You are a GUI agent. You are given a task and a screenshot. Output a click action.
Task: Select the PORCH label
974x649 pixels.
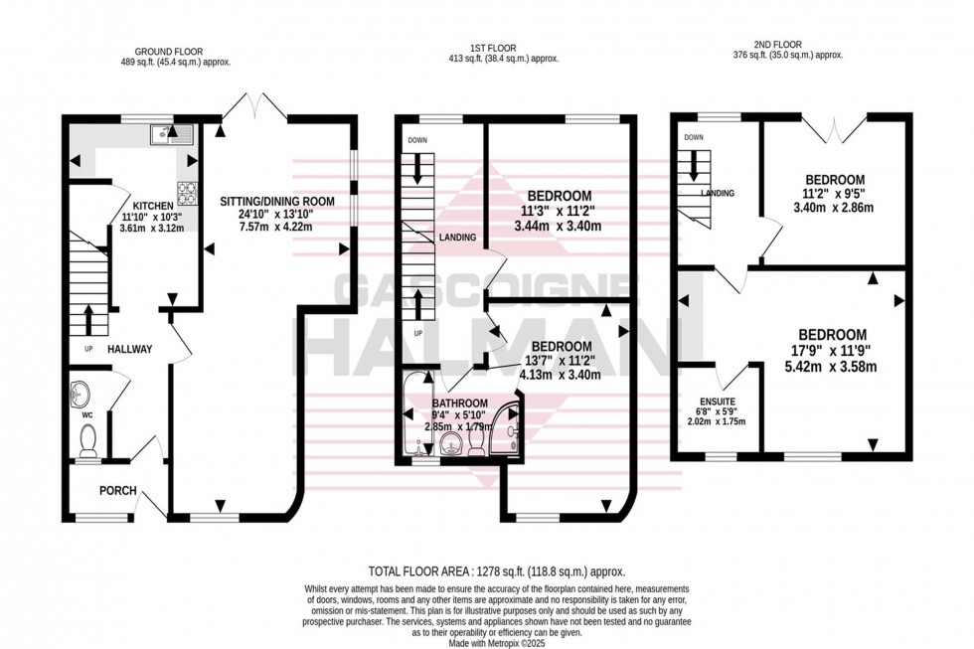[117, 490]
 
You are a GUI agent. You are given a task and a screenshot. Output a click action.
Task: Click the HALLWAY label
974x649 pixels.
[130, 349]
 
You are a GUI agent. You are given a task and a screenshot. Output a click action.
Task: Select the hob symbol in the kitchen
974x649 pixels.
[185, 189]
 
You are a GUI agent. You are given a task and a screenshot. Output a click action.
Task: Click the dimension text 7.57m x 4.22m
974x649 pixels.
[267, 226]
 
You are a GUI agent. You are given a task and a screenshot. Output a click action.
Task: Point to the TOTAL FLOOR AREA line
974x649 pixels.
[496, 571]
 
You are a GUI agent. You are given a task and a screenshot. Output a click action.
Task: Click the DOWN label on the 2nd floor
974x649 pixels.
[693, 137]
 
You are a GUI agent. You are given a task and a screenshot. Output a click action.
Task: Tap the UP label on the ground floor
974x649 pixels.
[88, 350]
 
